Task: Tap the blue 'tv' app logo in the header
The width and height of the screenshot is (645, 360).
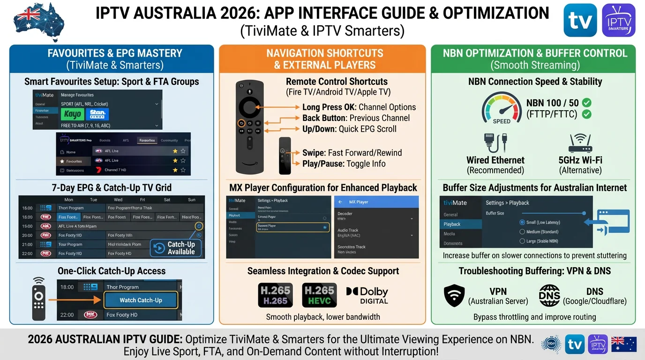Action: click(580, 20)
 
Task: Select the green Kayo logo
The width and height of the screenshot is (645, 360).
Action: click(73, 114)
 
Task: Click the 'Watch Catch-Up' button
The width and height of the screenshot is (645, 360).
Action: click(141, 300)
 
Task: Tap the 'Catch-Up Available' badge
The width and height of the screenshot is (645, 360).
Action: click(176, 248)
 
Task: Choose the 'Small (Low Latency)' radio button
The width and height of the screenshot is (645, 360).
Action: click(522, 222)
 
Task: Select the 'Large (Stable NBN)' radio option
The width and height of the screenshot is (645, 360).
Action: click(522, 241)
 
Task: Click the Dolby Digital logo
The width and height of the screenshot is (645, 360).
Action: click(367, 295)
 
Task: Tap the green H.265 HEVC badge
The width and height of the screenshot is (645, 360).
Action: click(319, 295)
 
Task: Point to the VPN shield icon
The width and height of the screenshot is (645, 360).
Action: click(454, 296)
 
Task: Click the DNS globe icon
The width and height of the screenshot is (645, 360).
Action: click(549, 296)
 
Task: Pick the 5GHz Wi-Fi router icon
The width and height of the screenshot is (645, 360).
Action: click(580, 142)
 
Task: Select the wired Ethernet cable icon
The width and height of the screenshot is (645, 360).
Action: click(495, 143)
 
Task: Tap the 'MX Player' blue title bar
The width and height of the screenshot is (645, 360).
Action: click(376, 202)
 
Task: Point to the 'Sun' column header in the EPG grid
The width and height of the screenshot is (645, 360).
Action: click(191, 200)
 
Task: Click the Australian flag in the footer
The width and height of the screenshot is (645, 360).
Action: click(624, 344)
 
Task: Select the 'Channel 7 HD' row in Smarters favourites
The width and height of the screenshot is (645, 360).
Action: click(141, 170)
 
